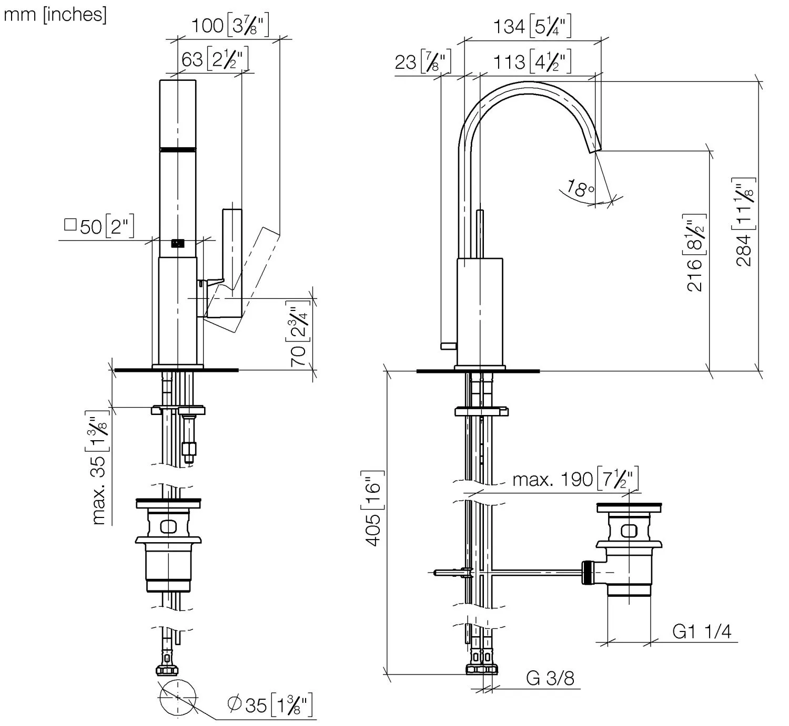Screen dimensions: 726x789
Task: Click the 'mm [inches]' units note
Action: pos(55,14)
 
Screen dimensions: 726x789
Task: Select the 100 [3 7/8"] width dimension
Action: pos(229,25)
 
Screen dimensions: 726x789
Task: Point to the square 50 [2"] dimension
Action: pos(99,226)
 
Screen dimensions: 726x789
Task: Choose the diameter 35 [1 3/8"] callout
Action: pos(270,704)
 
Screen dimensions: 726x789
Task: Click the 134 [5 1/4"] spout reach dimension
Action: pos(532,26)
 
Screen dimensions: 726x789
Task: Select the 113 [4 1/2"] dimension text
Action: pos(532,62)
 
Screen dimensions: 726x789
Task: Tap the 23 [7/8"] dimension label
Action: pos(423,62)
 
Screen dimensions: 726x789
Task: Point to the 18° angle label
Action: pos(581,189)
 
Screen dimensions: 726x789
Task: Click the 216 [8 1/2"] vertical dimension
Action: pos(695,252)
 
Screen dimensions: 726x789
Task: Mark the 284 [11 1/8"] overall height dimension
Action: pos(744,222)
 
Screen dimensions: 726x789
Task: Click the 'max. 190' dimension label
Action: pos(575,479)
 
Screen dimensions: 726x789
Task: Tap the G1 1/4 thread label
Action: pos(702,631)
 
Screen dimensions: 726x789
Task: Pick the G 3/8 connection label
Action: pos(550,678)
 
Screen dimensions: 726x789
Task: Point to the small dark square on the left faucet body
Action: pos(178,243)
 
